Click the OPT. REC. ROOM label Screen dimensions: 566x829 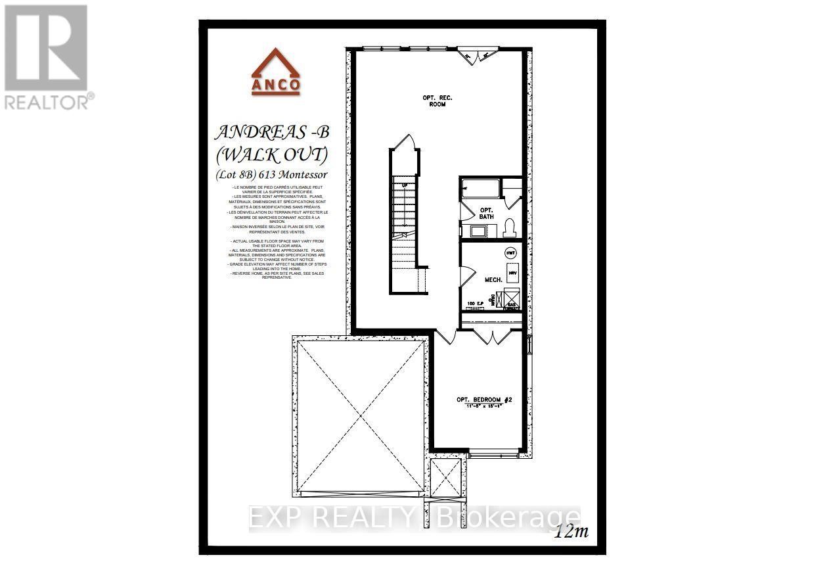[437, 101]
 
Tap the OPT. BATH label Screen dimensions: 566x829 [486, 213]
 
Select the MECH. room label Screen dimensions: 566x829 [494, 279]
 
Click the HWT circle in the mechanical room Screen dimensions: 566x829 [510, 252]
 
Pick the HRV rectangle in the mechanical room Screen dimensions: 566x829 [512, 273]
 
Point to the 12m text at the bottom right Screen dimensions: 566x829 [570, 532]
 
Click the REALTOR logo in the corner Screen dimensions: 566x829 [47, 57]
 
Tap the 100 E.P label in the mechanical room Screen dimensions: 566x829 [474, 304]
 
